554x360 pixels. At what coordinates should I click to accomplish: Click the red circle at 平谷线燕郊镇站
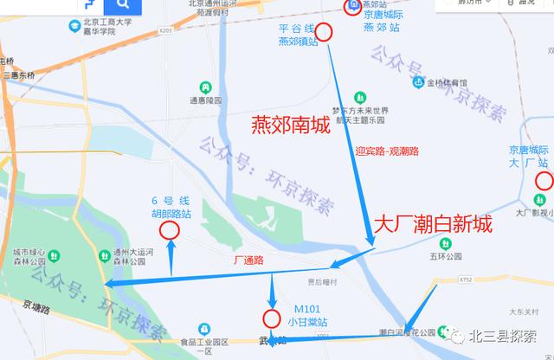(325, 33)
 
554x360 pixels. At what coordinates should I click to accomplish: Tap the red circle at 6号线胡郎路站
(170, 230)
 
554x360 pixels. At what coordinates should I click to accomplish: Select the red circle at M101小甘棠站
(272, 317)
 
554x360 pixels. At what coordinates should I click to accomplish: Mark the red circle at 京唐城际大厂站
(544, 181)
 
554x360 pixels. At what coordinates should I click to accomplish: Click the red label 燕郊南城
(290, 125)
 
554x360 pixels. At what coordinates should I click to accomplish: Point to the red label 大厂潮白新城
(432, 225)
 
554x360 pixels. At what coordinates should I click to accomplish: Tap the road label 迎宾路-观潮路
(387, 151)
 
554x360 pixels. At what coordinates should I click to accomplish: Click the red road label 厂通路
(248, 260)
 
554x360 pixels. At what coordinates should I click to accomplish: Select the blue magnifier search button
(123, 6)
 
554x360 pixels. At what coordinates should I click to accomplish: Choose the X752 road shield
(467, 280)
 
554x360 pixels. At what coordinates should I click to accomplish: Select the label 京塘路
(38, 306)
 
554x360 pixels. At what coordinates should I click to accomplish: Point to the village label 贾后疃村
(324, 282)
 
